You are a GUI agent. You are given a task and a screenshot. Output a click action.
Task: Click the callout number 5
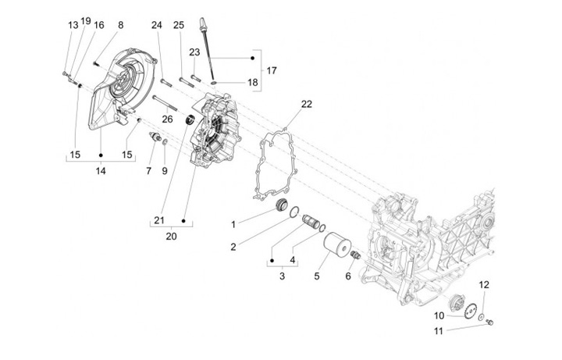click(x=316, y=276)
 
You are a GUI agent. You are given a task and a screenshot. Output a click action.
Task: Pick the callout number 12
click(x=484, y=284)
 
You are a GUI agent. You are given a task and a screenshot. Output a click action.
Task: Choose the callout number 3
click(x=282, y=276)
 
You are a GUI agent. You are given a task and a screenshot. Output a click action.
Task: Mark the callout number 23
click(x=194, y=52)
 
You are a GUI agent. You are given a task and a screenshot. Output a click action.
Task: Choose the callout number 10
click(x=439, y=315)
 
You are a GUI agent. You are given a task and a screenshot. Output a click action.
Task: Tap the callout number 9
click(x=165, y=170)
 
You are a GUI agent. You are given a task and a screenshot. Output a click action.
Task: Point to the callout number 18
click(x=252, y=82)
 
